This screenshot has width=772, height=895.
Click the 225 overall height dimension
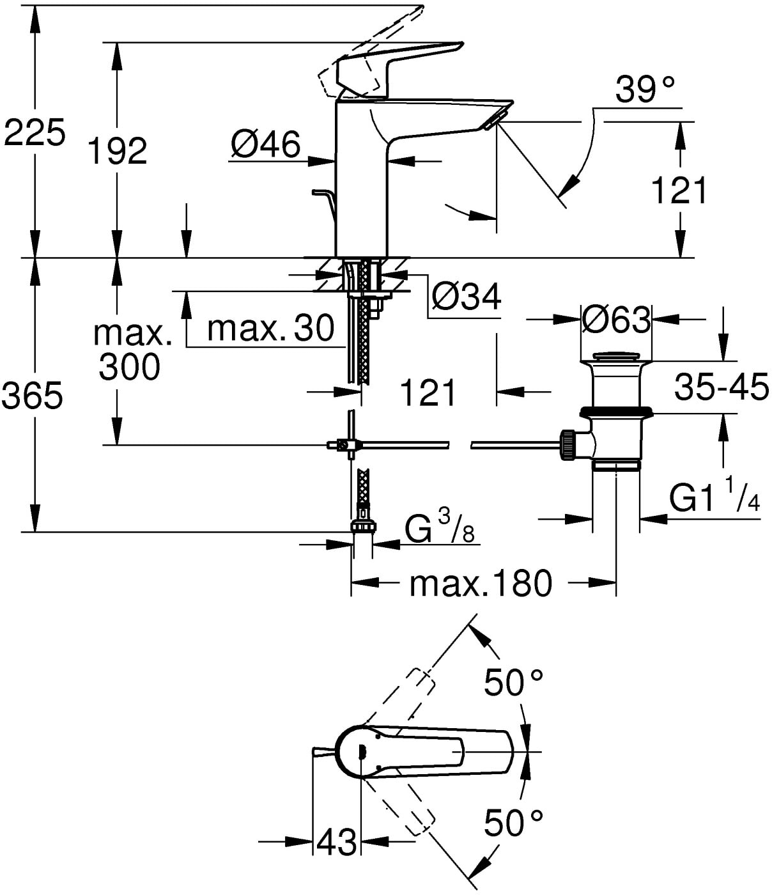pos(35,133)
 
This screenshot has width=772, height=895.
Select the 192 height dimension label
pos(117,151)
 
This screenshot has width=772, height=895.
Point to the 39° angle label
pos(645,89)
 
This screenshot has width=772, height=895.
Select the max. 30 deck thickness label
pos(271,329)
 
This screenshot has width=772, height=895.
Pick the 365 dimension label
pos(33,396)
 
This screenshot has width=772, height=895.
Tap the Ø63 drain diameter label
pos(616,319)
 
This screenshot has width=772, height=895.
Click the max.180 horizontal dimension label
pos(480,583)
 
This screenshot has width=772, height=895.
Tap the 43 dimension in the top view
pos(336,842)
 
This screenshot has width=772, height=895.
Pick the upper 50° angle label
pos(513,683)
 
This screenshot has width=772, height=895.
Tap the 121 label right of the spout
pos(679,190)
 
